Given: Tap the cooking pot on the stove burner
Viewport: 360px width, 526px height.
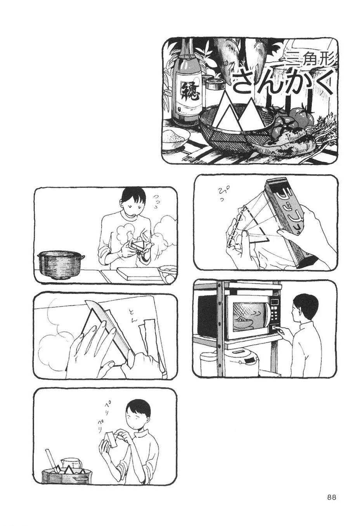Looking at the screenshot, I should pos(61,264).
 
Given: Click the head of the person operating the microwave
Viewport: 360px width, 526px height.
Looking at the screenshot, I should pos(306,307).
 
